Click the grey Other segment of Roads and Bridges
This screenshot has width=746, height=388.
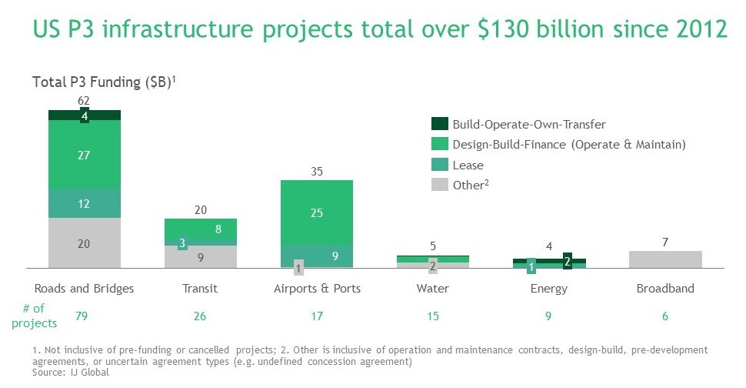tap(85, 243)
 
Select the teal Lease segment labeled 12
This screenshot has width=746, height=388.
tap(85, 203)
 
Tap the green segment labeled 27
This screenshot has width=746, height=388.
tap(85, 155)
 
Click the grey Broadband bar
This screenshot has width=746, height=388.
tap(664, 259)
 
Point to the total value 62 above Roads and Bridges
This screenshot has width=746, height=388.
tap(85, 101)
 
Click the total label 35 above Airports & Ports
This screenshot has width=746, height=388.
tap(317, 171)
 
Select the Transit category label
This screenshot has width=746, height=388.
tap(201, 289)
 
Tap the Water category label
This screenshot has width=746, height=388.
tap(433, 289)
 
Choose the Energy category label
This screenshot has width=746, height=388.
tap(549, 289)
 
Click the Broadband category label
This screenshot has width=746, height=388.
tap(665, 289)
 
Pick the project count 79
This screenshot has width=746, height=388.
tap(85, 316)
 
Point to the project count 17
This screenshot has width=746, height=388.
tap(317, 316)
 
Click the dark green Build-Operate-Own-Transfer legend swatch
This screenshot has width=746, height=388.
tap(439, 123)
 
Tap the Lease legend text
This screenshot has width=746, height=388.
tap(468, 165)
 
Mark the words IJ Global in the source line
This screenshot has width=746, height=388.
tap(91, 373)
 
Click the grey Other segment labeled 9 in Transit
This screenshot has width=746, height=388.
tap(201, 257)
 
